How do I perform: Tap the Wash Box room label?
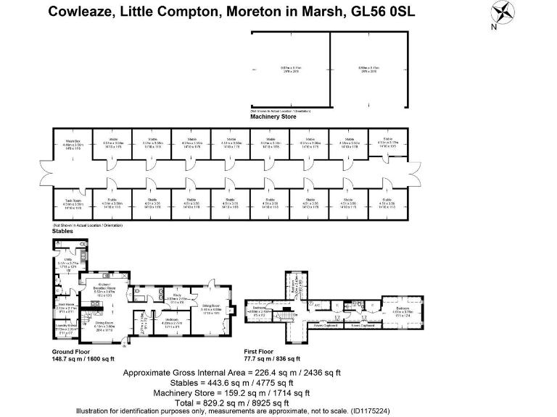point(73,142)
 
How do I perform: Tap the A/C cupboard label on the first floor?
point(318,305)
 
